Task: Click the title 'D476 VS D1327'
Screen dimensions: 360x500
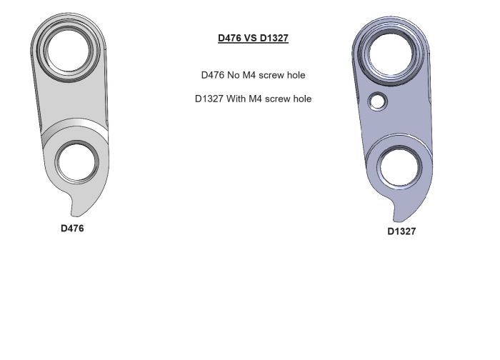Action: pyautogui.click(x=253, y=39)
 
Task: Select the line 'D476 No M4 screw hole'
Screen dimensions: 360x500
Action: pyautogui.click(x=254, y=75)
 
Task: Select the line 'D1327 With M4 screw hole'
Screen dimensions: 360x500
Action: pyautogui.click(x=253, y=99)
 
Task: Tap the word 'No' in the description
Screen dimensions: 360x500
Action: pyautogui.click(x=234, y=75)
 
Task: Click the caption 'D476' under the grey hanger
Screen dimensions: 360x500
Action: pyautogui.click(x=72, y=229)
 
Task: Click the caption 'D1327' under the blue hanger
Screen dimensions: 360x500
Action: pyautogui.click(x=401, y=231)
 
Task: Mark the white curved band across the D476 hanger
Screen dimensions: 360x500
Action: pyautogui.click(x=75, y=130)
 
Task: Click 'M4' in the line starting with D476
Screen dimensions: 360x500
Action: pyautogui.click(x=250, y=75)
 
